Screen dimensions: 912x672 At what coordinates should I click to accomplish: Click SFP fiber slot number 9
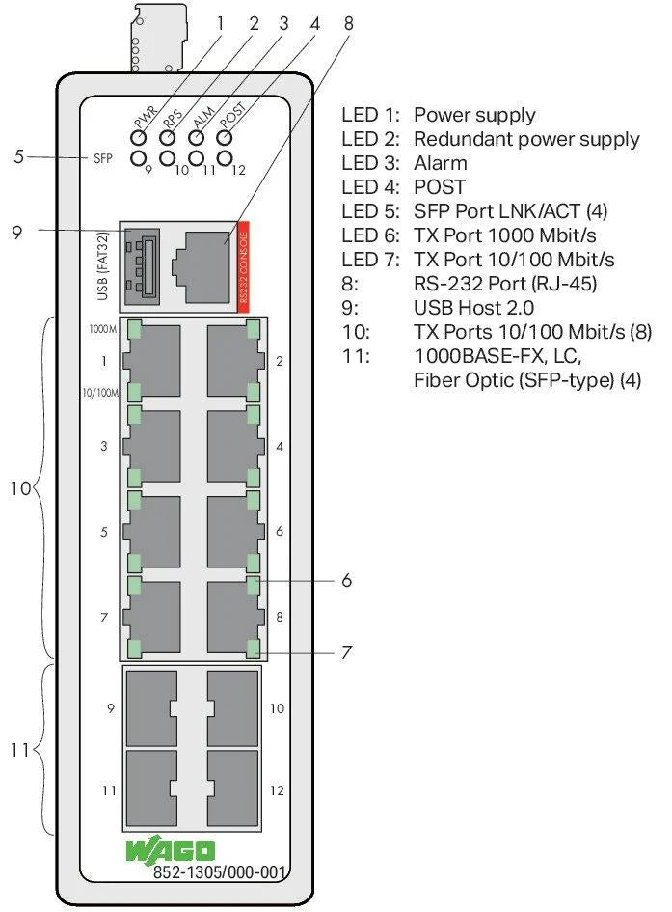152,708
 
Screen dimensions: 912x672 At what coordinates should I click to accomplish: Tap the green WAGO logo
170,850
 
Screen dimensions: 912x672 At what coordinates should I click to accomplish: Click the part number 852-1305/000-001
220,873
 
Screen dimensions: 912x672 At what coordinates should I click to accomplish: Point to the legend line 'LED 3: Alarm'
405,163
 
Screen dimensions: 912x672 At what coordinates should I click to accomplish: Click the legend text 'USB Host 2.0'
471,309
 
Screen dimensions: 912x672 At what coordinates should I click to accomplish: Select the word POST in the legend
440,187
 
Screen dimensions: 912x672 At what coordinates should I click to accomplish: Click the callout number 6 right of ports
345,580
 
